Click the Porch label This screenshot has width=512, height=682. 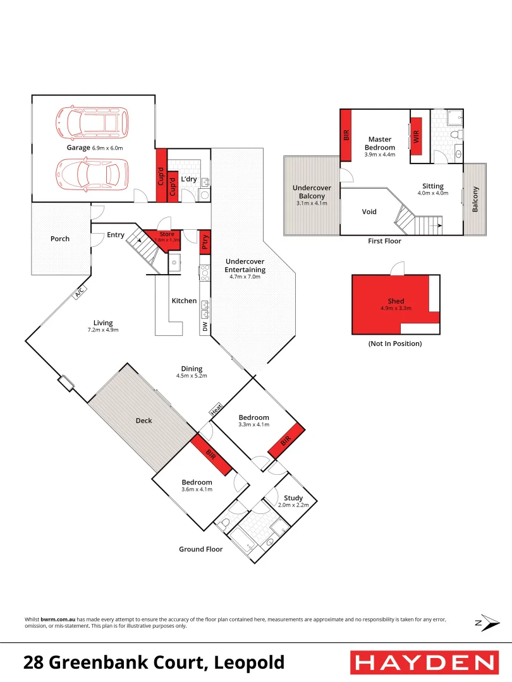(60, 239)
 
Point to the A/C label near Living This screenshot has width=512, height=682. (80, 293)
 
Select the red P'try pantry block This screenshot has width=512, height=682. (205, 242)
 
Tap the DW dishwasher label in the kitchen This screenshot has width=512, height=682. (205, 327)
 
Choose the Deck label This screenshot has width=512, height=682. (144, 421)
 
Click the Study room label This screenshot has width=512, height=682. (293, 498)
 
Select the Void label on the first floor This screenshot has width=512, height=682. (369, 212)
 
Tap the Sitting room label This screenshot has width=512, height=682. (434, 186)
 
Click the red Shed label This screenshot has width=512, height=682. (396, 301)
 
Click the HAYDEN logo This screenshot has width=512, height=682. (424, 662)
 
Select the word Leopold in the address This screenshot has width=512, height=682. (249, 662)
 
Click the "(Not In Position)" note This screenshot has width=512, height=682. (395, 344)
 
